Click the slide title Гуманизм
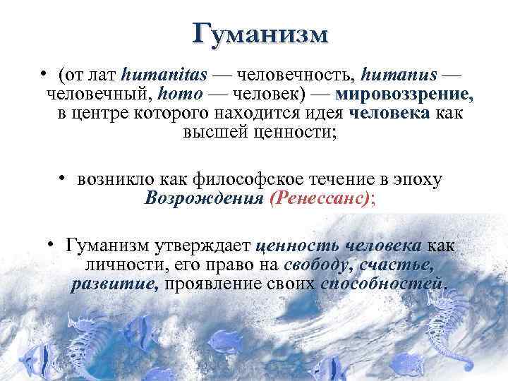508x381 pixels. pyautogui.click(x=260, y=34)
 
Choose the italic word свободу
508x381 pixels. pyautogui.click(x=317, y=266)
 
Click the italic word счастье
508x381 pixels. pyautogui.click(x=395, y=266)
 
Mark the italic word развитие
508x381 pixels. pyautogui.click(x=115, y=285)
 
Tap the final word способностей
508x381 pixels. pyautogui.click(x=384, y=285)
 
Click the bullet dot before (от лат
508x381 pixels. pyautogui.click(x=44, y=73)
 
